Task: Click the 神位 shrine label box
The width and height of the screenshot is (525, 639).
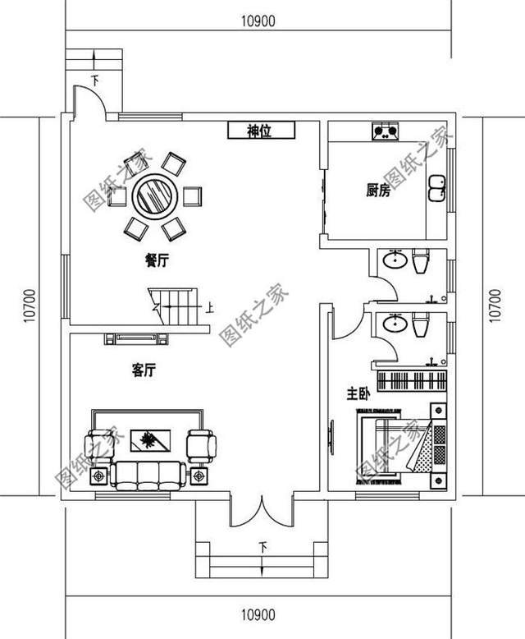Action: coord(259,130)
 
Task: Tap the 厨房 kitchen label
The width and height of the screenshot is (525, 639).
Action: coord(377,191)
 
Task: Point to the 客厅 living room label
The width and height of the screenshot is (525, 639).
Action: coord(143,371)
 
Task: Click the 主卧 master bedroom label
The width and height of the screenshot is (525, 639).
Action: coord(358,395)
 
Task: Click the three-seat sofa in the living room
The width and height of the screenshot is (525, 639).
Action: coord(148,473)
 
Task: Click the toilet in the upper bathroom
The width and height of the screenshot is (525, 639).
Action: coord(422,262)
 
